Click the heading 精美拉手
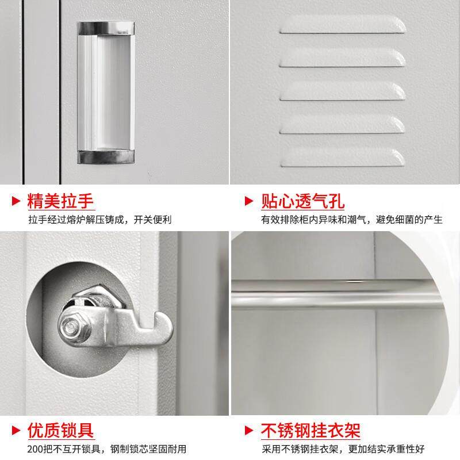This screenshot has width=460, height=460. coord(60,201)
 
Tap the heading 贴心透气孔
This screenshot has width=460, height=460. coord(302,201)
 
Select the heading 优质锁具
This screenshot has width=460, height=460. coord(60,430)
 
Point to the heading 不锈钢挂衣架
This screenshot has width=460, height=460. coord(310,430)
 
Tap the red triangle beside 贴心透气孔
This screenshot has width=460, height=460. coord(249,202)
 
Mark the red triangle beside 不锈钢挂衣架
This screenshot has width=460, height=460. coord(249,431)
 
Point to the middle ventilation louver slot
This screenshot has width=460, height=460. coord(342,91)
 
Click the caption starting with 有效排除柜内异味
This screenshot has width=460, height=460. coord(351,220)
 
